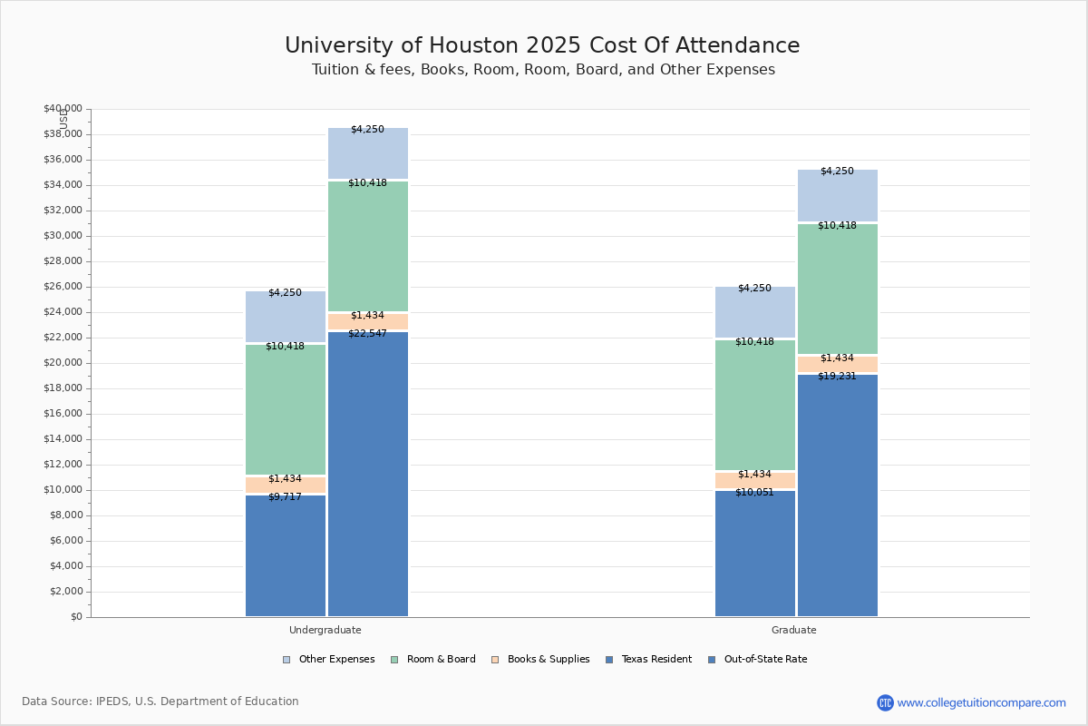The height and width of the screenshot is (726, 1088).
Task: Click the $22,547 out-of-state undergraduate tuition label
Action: (x=368, y=333)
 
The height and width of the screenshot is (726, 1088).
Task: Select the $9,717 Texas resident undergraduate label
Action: (x=285, y=496)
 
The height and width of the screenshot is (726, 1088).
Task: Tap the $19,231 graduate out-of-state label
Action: (x=837, y=376)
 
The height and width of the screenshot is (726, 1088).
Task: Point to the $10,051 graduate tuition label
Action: (x=754, y=492)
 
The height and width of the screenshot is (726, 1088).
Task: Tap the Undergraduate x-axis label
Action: (x=325, y=630)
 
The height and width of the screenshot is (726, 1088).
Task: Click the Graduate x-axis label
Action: (x=793, y=630)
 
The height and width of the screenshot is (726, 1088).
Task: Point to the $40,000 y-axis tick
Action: (x=63, y=109)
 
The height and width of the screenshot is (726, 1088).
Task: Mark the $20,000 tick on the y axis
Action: (x=63, y=363)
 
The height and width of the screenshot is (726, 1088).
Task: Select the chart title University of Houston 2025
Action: (x=542, y=45)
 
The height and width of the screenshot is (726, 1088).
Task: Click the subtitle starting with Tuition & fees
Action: (x=542, y=70)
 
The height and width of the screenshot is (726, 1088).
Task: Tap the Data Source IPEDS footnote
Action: (x=160, y=701)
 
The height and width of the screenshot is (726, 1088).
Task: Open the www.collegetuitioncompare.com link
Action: (x=981, y=702)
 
